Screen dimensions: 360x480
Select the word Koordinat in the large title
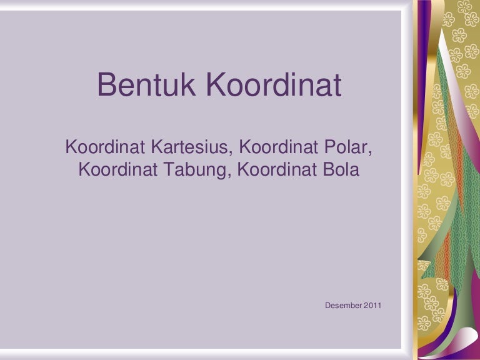click(274, 86)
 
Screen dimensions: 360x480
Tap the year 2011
click(372, 305)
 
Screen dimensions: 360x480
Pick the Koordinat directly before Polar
click(277, 148)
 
